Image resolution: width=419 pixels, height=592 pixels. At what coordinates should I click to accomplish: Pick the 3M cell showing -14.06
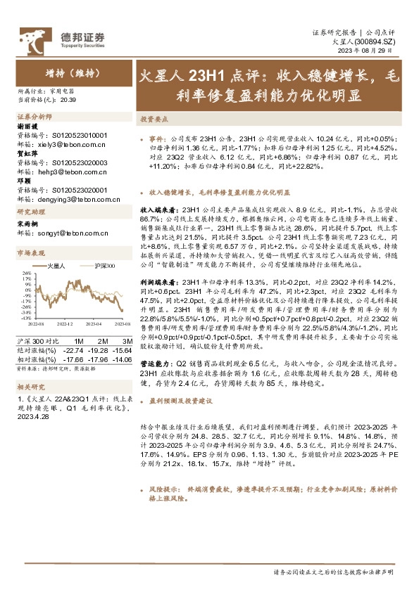click(x=122, y=358)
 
